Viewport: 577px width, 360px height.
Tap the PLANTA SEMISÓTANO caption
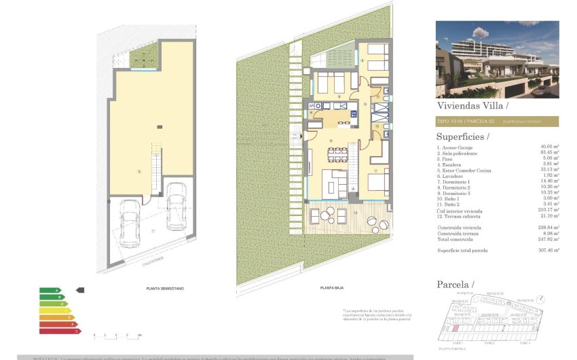pyautogui.click(x=165, y=289)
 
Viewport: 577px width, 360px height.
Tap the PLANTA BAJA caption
pyautogui.click(x=331, y=289)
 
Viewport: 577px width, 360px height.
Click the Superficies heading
pyautogui.click(x=466, y=137)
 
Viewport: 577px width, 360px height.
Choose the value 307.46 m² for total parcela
pyautogui.click(x=547, y=250)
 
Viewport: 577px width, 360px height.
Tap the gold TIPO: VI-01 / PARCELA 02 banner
pyautogui.click(x=497, y=122)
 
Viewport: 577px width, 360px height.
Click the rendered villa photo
pyautogui.click(x=497, y=59)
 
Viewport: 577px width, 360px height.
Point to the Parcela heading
pyautogui.click(x=455, y=284)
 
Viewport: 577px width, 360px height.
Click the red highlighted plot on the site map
pyautogui.click(x=456, y=328)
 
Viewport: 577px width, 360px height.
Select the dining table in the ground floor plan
pyautogui.click(x=337, y=154)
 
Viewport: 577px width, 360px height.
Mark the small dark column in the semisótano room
pyautogui.click(x=158, y=126)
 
